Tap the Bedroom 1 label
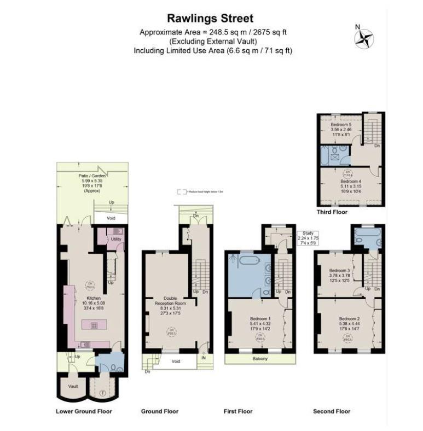260,319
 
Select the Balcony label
260,359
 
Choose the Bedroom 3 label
339,271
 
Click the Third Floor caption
332,211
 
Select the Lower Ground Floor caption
84,411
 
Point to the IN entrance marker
204,358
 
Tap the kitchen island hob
94,325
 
